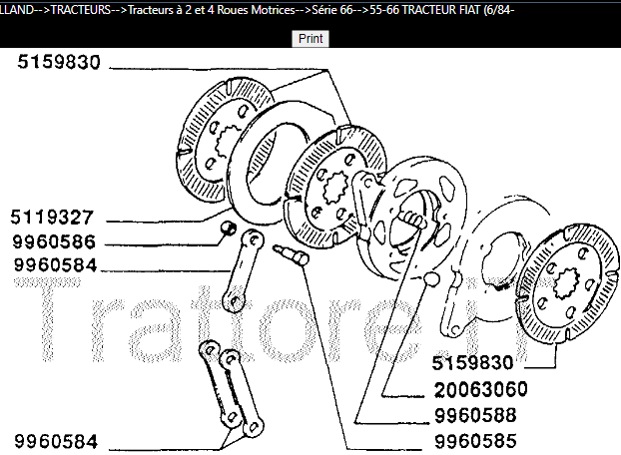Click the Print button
coord(310,38)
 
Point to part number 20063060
coord(493,388)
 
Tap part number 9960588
coord(493,414)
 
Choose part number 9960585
coord(493,440)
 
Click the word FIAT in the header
coord(494,8)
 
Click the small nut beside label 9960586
coord(228,230)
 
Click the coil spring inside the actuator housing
coord(412,221)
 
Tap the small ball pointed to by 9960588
coord(429,276)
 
